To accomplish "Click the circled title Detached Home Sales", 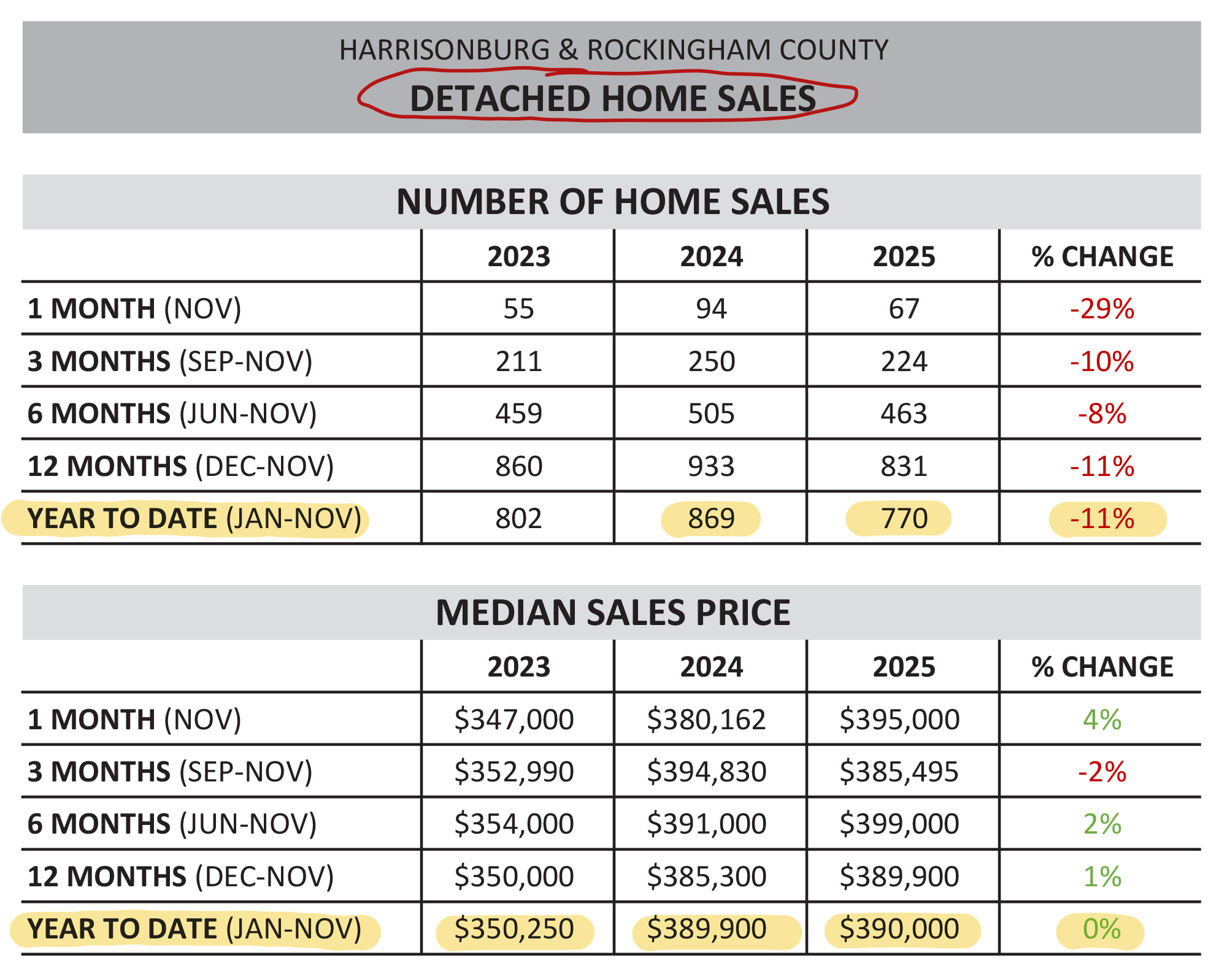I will point(612,98).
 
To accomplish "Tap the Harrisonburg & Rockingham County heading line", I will point(613,50).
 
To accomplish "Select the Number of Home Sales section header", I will point(612,202).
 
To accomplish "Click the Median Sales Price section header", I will point(612,612).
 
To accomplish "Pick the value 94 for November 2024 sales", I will point(711,309).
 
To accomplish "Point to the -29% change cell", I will point(1102,309).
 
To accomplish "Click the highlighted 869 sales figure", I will point(711,519).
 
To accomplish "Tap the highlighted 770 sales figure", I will point(904,519).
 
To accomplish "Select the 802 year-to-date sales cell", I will point(518,519).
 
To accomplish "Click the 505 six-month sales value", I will point(711,413).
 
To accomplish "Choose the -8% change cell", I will point(1102,413).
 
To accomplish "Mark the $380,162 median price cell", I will point(706,719).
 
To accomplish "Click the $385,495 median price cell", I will point(899,772).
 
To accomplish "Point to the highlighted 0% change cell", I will point(1102,929).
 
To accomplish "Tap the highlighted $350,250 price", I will point(514,929).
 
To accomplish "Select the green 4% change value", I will point(1102,719).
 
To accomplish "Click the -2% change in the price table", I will point(1102,772).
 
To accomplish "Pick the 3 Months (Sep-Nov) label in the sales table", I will point(170,361).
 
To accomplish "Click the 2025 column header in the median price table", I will point(904,667).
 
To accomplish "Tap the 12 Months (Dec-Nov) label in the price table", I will point(180,876).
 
